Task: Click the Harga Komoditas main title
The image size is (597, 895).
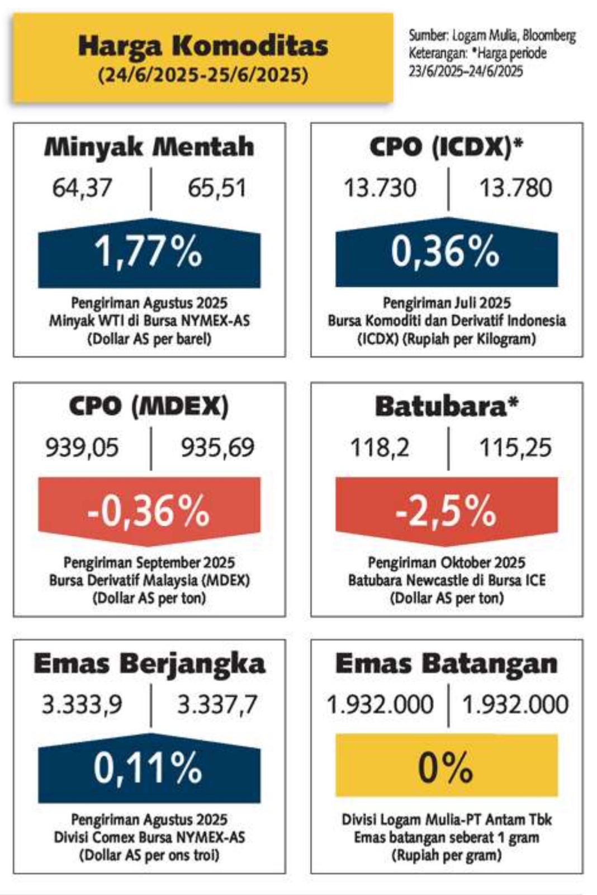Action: (x=203, y=46)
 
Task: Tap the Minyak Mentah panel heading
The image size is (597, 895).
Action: (x=149, y=147)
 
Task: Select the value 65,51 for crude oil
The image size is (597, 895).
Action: (x=217, y=188)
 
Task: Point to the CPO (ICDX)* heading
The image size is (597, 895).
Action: (x=447, y=148)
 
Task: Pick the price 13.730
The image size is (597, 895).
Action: (x=380, y=188)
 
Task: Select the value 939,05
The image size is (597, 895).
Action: (x=82, y=447)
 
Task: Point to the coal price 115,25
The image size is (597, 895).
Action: (x=515, y=447)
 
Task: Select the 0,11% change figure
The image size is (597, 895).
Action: (x=148, y=768)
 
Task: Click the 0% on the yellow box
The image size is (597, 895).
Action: (x=446, y=768)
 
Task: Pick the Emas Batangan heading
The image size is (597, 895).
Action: (x=447, y=663)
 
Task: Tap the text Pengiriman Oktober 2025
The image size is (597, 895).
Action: (x=447, y=562)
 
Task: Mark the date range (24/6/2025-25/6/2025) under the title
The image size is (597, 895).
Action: (x=203, y=74)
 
